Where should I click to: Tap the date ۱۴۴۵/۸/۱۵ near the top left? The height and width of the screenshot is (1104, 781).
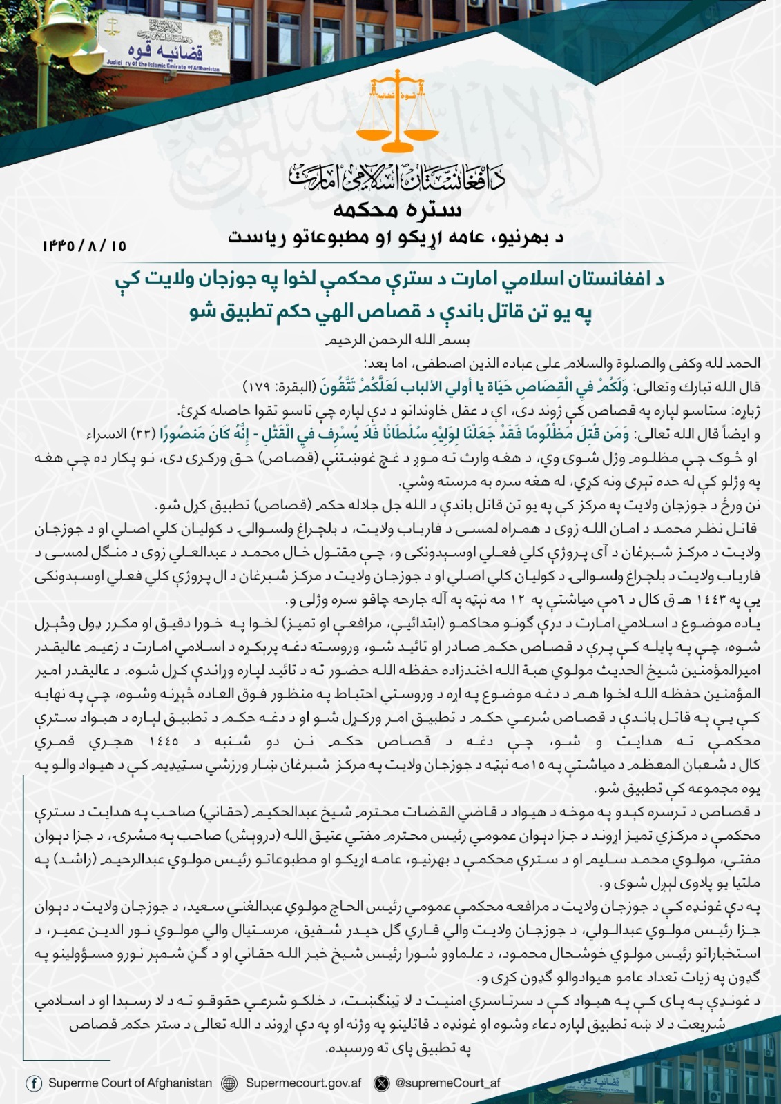84,245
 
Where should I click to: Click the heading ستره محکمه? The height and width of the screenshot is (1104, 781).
397,209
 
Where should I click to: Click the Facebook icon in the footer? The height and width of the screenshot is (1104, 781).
34,1083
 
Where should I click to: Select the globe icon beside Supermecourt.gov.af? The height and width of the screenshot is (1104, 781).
229,1083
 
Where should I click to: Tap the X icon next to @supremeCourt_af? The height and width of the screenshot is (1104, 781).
381,1083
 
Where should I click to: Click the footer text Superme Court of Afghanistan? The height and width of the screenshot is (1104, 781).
130,1083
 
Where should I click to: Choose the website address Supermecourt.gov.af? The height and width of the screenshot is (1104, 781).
303,1083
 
